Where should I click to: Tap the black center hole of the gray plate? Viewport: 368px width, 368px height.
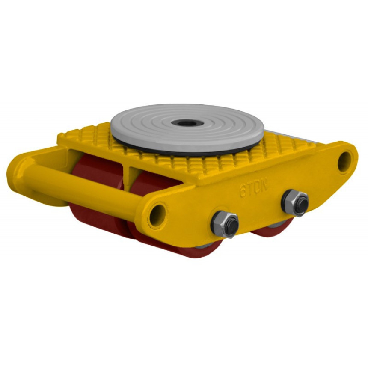pyautogui.click(x=187, y=122)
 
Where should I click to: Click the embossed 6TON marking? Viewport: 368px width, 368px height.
pyautogui.click(x=253, y=187)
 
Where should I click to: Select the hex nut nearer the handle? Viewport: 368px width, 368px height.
pyautogui.click(x=225, y=225)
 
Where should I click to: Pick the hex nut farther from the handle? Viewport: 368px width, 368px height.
pyautogui.click(x=295, y=202)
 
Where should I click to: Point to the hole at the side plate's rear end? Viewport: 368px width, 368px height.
pyautogui.click(x=345, y=162)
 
